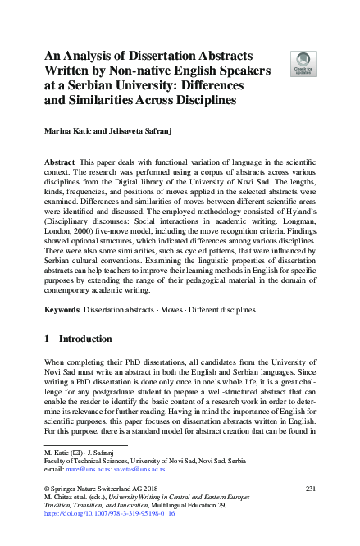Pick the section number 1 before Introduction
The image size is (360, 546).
pos(48,339)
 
